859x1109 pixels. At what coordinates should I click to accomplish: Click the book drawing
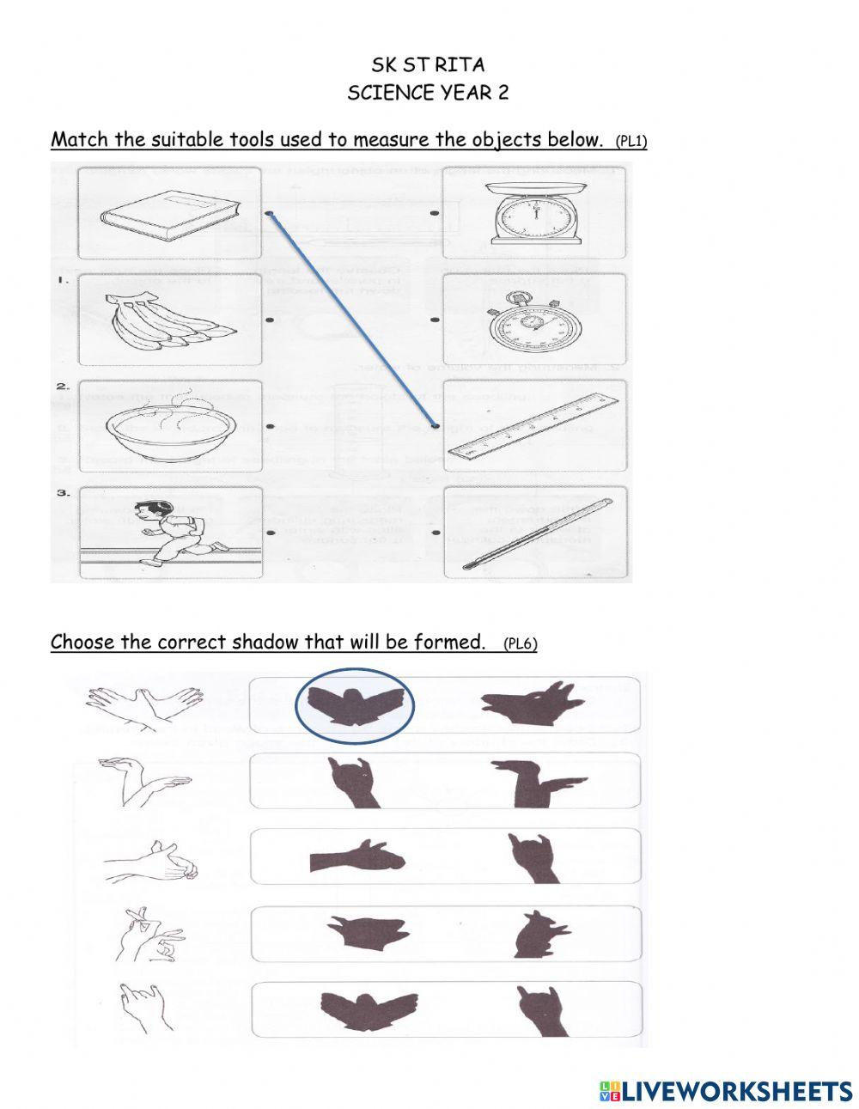click(167, 214)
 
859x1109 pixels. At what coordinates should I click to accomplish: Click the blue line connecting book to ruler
click(353, 320)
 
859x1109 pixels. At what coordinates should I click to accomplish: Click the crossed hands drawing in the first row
click(144, 706)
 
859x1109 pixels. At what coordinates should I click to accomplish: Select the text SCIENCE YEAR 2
click(427, 94)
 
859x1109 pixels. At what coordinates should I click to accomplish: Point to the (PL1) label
click(631, 142)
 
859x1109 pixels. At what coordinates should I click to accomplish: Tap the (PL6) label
click(520, 644)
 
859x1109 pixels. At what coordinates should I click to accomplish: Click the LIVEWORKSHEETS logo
click(726, 1091)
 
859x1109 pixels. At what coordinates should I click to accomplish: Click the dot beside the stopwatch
click(435, 320)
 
